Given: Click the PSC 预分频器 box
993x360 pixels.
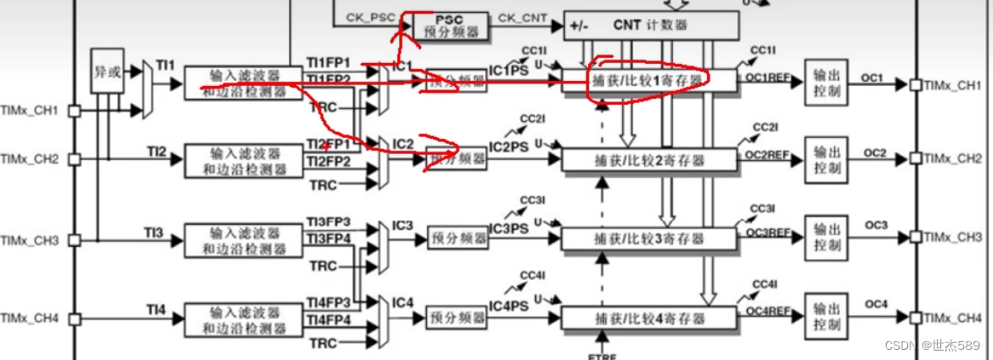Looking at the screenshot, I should point(451,26).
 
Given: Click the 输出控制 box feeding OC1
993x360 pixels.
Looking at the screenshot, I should point(825,82).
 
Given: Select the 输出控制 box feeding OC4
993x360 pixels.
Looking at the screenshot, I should point(825,317).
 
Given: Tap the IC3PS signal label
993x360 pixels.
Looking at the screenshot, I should point(509,228).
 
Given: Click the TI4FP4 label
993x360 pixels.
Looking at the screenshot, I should point(328,320).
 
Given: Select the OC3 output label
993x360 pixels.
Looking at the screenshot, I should point(876,226).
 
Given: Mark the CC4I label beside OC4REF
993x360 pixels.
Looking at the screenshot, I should point(764,285).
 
